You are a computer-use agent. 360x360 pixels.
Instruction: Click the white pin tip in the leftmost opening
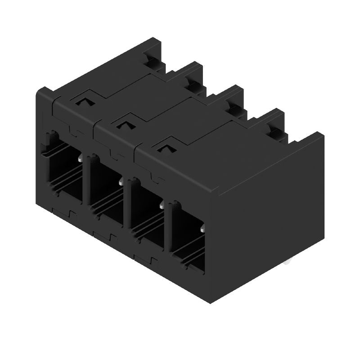coord(80,158)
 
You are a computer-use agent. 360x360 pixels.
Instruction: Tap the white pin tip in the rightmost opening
coord(202,230)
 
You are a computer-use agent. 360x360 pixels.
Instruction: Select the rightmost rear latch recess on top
coord(274,131)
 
